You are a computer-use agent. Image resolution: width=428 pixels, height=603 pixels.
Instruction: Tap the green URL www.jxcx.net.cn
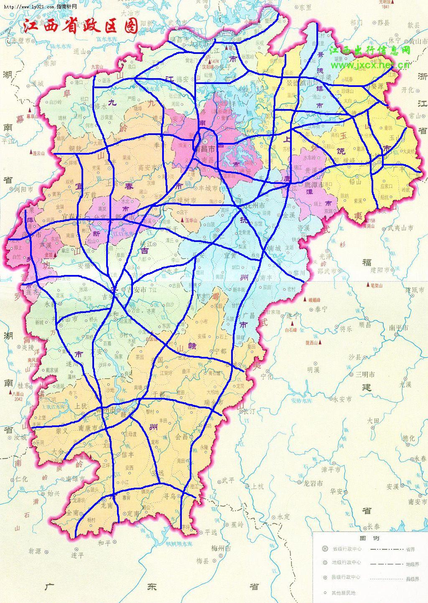tap(370, 65)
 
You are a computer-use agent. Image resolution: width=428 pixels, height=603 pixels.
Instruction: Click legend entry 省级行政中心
tap(346, 549)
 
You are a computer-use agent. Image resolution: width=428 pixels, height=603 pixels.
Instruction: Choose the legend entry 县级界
tap(412, 579)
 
